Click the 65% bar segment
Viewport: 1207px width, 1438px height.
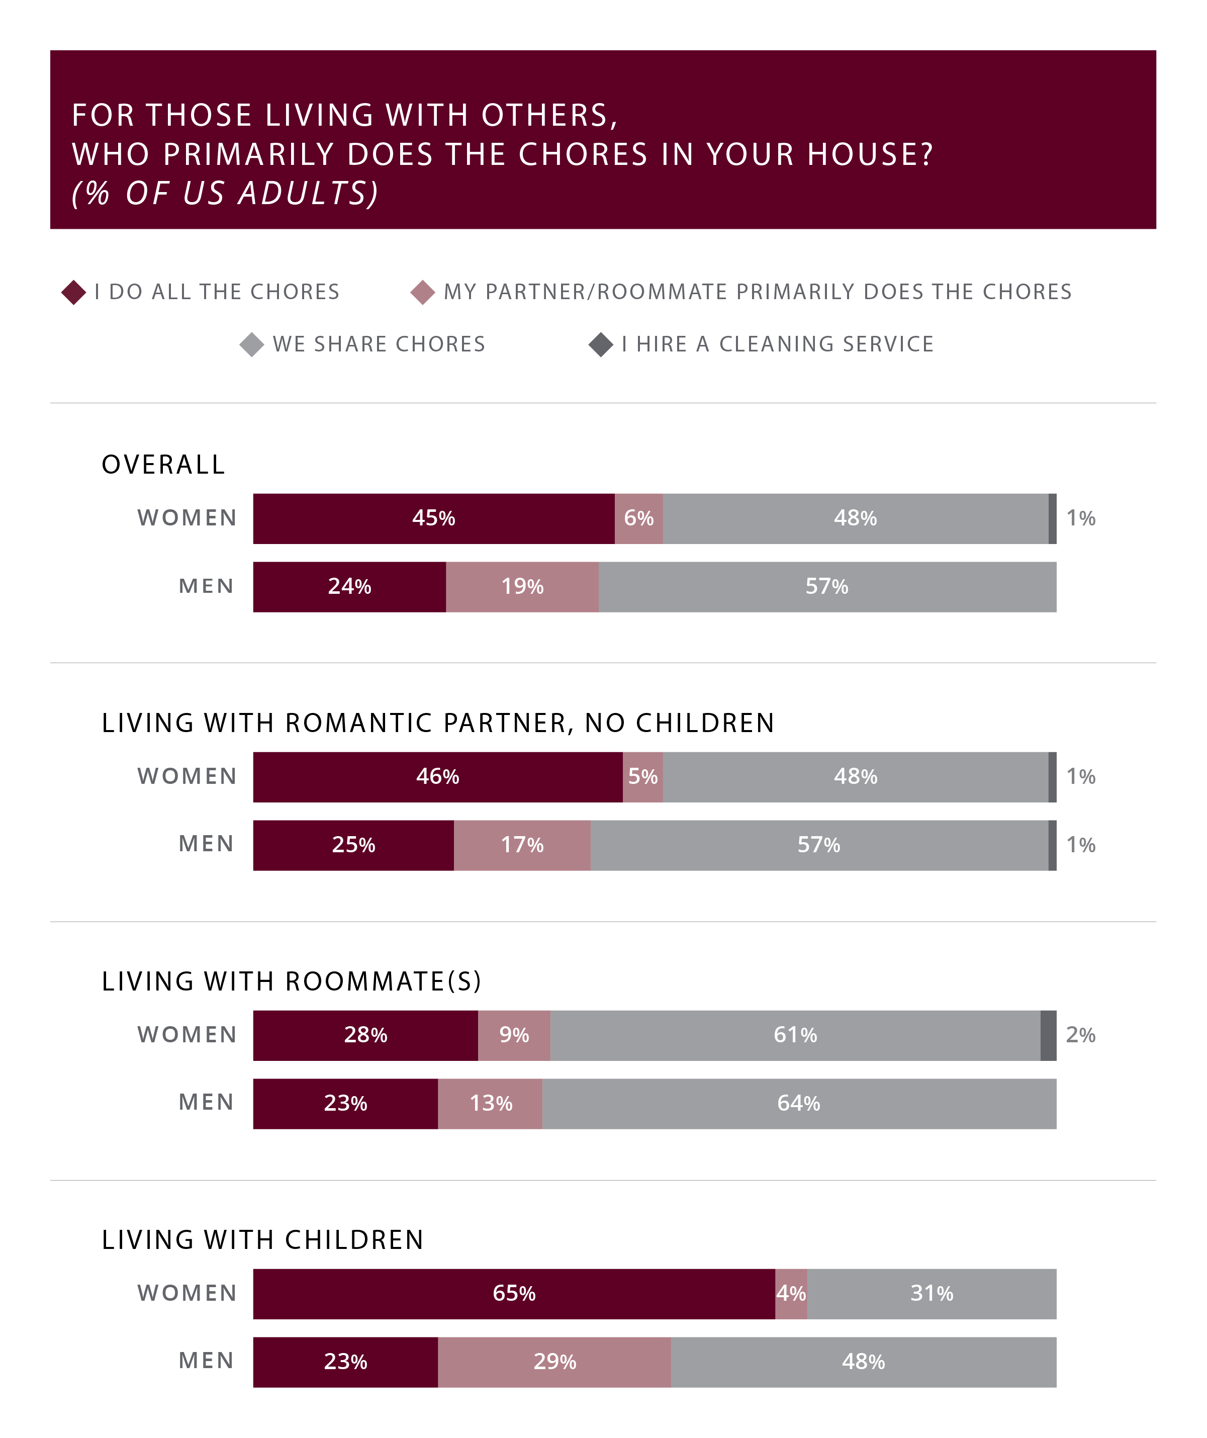coord(513,1294)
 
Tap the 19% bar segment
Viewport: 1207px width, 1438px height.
coord(522,587)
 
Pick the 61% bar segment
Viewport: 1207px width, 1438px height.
coord(795,1035)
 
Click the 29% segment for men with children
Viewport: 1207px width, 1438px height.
coord(554,1362)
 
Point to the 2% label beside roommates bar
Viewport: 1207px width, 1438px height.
coord(1080,1035)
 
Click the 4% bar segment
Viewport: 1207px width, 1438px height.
coord(791,1294)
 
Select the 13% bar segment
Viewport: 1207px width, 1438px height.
coord(490,1104)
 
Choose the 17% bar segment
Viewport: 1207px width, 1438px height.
coord(522,845)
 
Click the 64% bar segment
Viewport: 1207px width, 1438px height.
coord(798,1104)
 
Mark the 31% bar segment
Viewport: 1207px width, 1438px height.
coord(931,1294)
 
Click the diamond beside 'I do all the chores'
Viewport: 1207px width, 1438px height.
coord(74,293)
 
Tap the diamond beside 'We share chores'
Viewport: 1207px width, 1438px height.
coord(252,344)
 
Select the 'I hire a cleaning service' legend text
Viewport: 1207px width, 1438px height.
coord(777,344)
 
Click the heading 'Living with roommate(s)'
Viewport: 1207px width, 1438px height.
coord(292,982)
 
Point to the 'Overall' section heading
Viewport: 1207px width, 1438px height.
coord(163,465)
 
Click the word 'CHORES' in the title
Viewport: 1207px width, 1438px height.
coord(583,155)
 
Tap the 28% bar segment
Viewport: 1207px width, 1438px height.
coord(365,1035)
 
